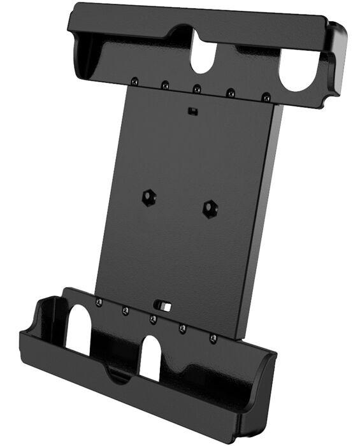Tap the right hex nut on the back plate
click(x=208, y=208)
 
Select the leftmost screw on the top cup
click(x=134, y=82)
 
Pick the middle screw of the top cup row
click(x=197, y=89)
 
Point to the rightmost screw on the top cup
click(x=266, y=97)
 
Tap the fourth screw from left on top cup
click(x=231, y=93)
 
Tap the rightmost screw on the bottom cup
click(x=213, y=336)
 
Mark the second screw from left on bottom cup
click(x=125, y=310)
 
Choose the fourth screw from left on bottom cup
click(x=183, y=327)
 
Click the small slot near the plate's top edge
click(x=192, y=111)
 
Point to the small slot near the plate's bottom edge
click(x=164, y=306)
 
